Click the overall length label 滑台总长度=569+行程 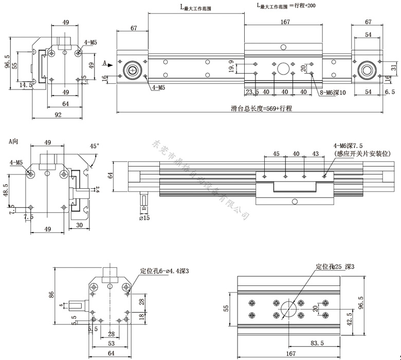[262, 109]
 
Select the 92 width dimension [58, 115]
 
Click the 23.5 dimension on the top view [252, 92]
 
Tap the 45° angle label [94, 146]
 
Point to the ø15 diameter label [145, 219]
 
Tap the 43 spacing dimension [315, 154]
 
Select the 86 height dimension [51, 295]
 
